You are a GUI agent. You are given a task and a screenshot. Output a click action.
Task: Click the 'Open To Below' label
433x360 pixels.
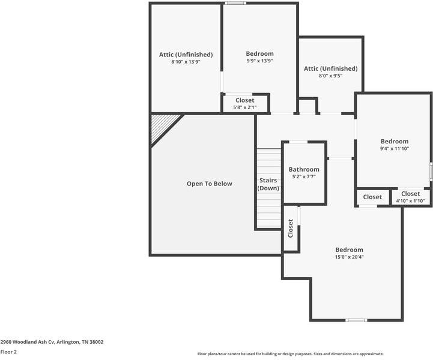click(209, 184)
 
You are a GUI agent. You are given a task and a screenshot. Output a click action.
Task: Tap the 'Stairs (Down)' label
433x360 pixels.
click(268, 184)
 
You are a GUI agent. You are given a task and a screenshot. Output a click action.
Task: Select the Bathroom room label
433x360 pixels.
click(304, 169)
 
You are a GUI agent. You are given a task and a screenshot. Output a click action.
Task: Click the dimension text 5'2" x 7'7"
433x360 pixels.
click(304, 177)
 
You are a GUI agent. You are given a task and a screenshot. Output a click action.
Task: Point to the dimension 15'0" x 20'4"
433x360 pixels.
click(349, 257)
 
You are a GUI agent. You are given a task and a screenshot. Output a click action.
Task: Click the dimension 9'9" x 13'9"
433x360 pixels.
click(259, 61)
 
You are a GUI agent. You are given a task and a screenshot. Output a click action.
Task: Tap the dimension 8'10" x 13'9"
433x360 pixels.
click(186, 62)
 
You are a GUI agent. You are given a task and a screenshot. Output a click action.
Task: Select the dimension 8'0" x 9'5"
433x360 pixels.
click(330, 76)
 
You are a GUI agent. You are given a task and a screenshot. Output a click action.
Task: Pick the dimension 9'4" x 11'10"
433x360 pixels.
click(394, 149)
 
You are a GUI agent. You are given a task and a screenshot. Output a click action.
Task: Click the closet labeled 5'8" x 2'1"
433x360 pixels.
click(244, 103)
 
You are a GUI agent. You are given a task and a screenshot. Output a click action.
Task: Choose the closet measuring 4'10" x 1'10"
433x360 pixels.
click(411, 197)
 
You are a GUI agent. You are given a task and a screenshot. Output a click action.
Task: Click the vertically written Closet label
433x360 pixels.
click(291, 228)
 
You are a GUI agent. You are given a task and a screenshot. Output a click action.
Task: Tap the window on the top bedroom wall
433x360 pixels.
click(235, 4)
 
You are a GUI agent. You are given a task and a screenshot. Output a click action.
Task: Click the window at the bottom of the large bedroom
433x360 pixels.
click(356, 320)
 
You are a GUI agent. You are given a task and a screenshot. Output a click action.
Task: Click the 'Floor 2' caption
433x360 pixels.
click(8, 352)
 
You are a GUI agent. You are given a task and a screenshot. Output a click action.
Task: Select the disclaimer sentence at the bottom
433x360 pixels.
click(290, 354)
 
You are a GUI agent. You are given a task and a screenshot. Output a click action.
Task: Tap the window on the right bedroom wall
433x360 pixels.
click(431, 170)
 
